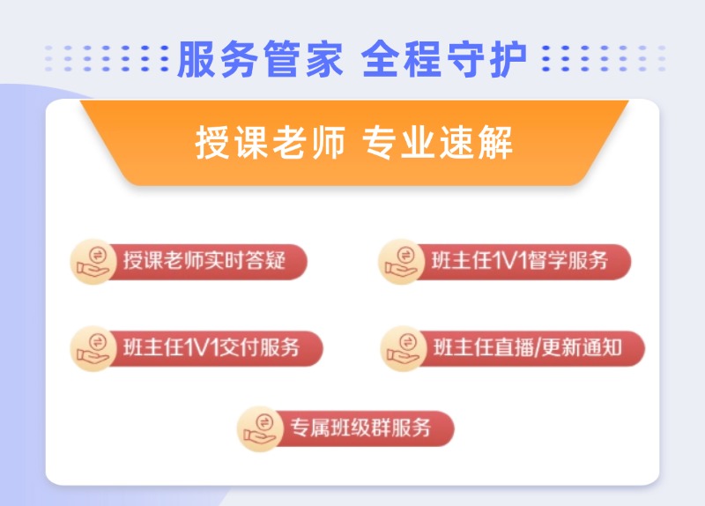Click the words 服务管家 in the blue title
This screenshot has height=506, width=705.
click(259, 59)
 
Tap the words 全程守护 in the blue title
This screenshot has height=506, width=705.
click(444, 59)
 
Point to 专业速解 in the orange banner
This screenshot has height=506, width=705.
click(438, 143)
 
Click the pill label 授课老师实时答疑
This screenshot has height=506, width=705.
click(204, 261)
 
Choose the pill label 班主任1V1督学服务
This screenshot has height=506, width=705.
click(520, 261)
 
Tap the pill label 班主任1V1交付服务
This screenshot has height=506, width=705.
click(211, 347)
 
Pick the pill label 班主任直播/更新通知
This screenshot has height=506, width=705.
click(527, 347)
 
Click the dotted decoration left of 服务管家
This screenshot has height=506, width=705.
click(106, 59)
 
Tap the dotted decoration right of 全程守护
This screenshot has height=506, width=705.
click(604, 59)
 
